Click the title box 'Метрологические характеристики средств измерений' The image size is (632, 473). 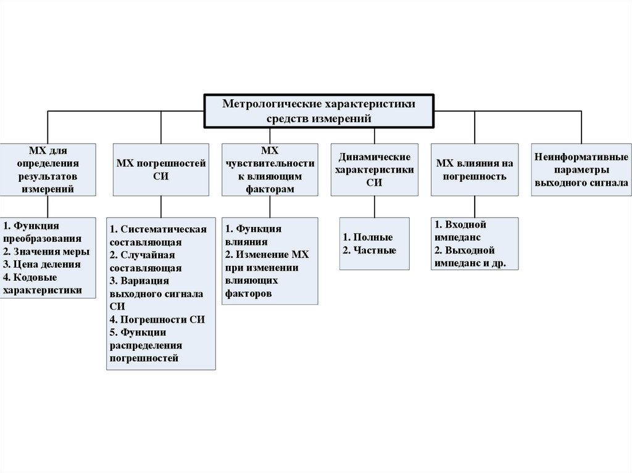click(318, 111)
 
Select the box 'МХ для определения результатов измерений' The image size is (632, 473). click(48, 170)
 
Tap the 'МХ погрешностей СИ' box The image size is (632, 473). click(160, 170)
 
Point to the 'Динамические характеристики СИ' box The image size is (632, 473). click(373, 170)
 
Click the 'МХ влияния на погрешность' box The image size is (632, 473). click(475, 170)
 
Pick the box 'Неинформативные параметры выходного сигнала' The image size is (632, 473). click(582, 170)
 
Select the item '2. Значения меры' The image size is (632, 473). click(46, 252)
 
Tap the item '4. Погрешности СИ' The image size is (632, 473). click(157, 319)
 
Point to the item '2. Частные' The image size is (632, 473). click(370, 250)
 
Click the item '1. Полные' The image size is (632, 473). click(368, 237)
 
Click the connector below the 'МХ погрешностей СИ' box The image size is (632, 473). click(161, 207)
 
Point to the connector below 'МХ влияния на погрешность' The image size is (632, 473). click(475, 207)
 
